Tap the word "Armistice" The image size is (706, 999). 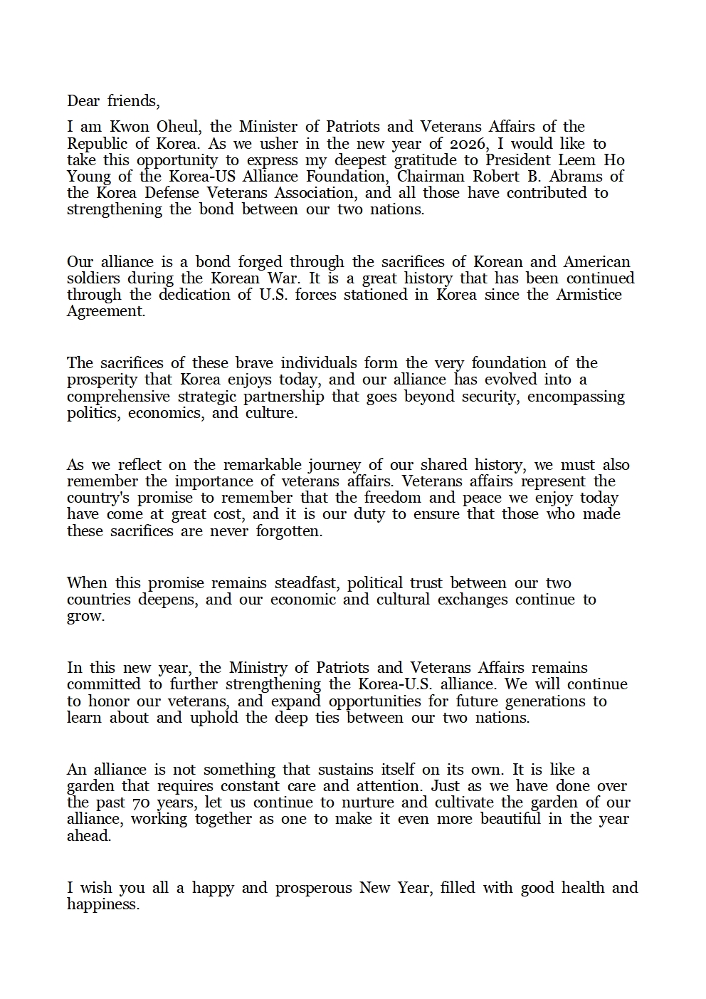click(x=587, y=294)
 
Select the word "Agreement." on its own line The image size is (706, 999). click(x=106, y=311)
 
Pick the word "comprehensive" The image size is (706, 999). click(x=119, y=396)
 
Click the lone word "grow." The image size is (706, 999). click(x=85, y=617)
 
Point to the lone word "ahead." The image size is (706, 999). click(x=89, y=836)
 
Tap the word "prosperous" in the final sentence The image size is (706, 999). click(x=313, y=888)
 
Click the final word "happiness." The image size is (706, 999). click(x=103, y=904)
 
